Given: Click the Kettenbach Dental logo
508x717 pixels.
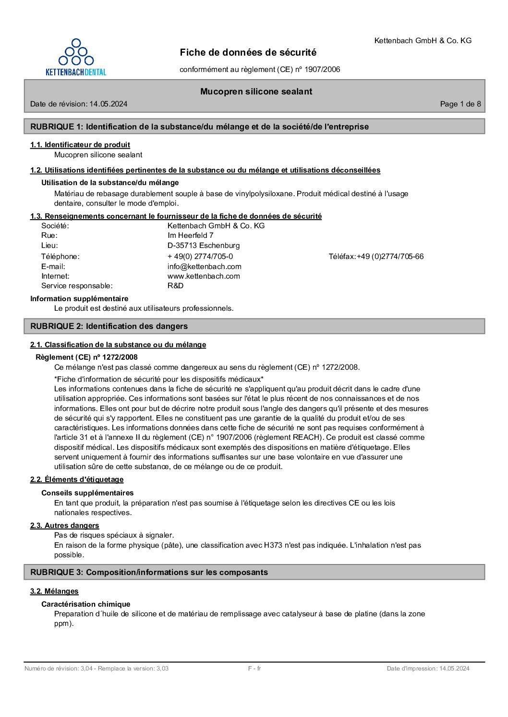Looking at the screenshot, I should pos(76,57).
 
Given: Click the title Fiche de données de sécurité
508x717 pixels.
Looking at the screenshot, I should pos(248,52).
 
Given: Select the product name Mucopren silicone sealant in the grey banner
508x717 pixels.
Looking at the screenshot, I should pos(256,92).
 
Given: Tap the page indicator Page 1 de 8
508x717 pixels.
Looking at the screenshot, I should pos(460,104).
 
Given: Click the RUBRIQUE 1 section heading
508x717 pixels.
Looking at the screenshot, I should pos(199,127).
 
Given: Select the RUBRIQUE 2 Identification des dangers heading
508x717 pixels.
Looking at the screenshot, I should pos(109,326).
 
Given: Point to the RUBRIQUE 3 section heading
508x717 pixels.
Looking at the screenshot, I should pos(149,572).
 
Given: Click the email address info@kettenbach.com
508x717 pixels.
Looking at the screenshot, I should pos(204,266).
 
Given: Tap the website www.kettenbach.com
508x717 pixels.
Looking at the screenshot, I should pos(204,276).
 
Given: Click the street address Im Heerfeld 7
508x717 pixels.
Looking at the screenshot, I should pos(190,235).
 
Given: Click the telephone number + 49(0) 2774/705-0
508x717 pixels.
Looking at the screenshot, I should pos(200,256).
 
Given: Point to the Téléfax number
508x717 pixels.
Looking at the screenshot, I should pos(390,257).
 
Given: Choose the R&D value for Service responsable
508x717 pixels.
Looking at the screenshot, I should pos(175,286).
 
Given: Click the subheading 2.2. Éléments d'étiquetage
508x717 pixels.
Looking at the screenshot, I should pos(77,479).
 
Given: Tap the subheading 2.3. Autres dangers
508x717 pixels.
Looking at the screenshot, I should pos(65,525).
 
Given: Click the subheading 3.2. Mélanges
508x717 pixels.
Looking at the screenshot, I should pos(54,591).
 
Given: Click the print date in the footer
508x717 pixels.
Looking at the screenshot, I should pos(428,669).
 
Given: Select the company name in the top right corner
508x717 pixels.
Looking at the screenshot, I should pos(423,41).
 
